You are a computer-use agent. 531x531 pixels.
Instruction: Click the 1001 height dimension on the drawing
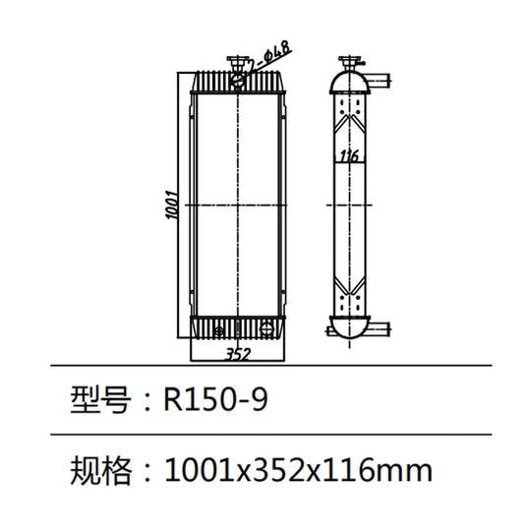click(172, 205)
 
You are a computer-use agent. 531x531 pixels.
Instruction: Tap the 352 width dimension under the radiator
click(238, 354)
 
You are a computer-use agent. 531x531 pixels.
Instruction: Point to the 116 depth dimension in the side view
click(349, 155)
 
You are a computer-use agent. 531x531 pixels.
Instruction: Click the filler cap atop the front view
click(237, 63)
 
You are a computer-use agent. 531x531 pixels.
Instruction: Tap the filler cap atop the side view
click(350, 63)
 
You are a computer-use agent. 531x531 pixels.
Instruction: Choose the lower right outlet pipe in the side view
click(380, 327)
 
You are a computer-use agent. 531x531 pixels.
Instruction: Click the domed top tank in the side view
click(349, 82)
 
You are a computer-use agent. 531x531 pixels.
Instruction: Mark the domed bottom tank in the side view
click(349, 327)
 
